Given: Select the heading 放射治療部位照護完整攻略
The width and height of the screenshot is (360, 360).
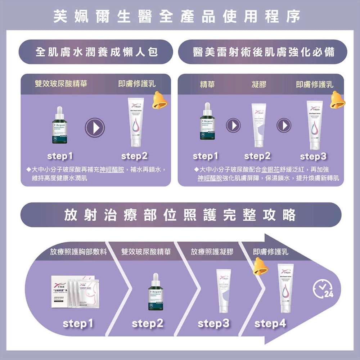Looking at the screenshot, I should (x=180, y=215).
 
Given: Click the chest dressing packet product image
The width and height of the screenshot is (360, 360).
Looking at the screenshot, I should (x=73, y=292).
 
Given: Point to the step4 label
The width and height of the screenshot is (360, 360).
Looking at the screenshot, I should (x=270, y=324).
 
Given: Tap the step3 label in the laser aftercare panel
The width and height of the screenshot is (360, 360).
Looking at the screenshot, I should (x=313, y=157).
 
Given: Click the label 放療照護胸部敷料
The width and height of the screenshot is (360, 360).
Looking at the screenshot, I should (x=78, y=252).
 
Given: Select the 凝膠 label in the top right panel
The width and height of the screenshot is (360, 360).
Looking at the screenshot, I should (x=259, y=84).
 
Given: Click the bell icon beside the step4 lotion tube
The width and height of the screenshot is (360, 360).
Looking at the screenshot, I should (x=260, y=266).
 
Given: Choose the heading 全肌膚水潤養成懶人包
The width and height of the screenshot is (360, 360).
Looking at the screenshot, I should (x=96, y=52).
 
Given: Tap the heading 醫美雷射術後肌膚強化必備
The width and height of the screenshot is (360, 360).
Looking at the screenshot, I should (x=263, y=52).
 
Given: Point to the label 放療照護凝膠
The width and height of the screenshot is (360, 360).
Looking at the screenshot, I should (x=212, y=252).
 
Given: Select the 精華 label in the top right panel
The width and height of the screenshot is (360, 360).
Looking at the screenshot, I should (x=207, y=84).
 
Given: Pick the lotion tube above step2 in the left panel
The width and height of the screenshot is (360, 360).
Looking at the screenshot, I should (x=136, y=122).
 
